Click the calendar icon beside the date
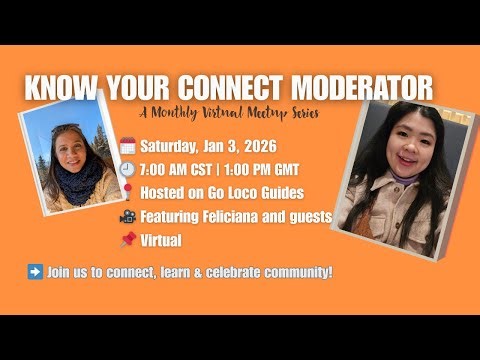tap(127, 146)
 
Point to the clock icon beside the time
tap(127, 168)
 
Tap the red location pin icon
tap(127, 192)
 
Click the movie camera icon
tap(127, 216)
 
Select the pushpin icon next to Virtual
tap(127, 240)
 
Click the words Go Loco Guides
tap(240, 192)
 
